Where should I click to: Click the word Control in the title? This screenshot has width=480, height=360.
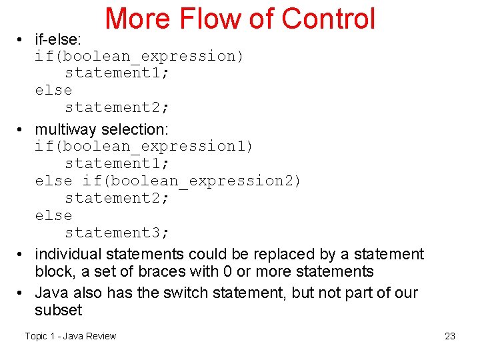329,19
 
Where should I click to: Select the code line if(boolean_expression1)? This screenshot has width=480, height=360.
144,146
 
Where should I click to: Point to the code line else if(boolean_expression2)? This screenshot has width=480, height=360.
168,181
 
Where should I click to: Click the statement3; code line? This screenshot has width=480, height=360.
117,233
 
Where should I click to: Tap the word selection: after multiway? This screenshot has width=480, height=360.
133,129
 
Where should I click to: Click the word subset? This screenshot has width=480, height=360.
58,310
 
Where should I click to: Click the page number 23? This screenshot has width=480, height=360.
450,336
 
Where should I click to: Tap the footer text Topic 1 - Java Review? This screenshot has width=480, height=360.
71,336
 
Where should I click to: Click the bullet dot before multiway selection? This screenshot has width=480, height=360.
22,129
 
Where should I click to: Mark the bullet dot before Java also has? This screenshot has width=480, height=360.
22,293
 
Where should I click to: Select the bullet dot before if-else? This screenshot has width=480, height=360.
22,41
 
